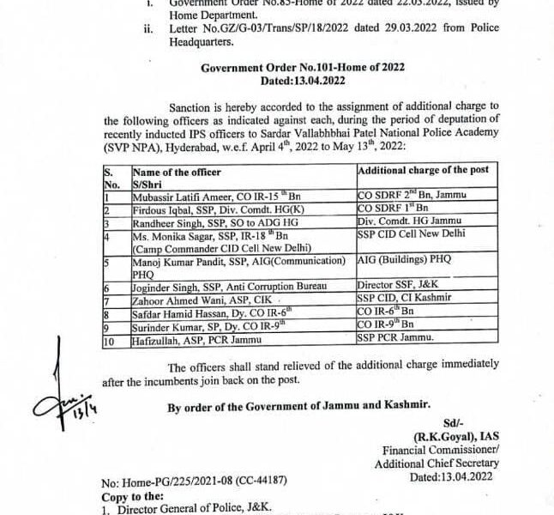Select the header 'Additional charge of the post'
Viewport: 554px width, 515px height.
point(423,170)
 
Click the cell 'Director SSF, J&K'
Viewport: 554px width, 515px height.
point(394,282)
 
